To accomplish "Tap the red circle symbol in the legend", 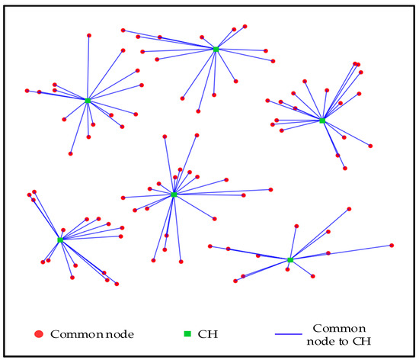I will [x=39, y=334].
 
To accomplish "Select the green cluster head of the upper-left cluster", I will [x=88, y=101].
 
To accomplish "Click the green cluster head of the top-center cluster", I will [x=216, y=50].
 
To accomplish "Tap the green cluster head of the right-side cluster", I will [x=322, y=121].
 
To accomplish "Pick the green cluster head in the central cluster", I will [x=174, y=194].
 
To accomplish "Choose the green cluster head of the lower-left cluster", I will [x=60, y=239].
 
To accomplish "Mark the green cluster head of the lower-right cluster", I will [x=290, y=260].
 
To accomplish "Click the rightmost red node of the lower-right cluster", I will [x=392, y=245].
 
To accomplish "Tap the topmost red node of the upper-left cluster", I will [x=89, y=36].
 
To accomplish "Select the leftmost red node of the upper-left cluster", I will [x=27, y=90].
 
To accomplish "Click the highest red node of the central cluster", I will [x=197, y=135].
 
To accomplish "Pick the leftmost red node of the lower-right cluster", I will [x=209, y=246].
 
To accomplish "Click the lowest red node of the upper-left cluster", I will [x=71, y=154].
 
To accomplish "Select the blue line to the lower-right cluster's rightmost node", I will [x=343, y=252].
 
